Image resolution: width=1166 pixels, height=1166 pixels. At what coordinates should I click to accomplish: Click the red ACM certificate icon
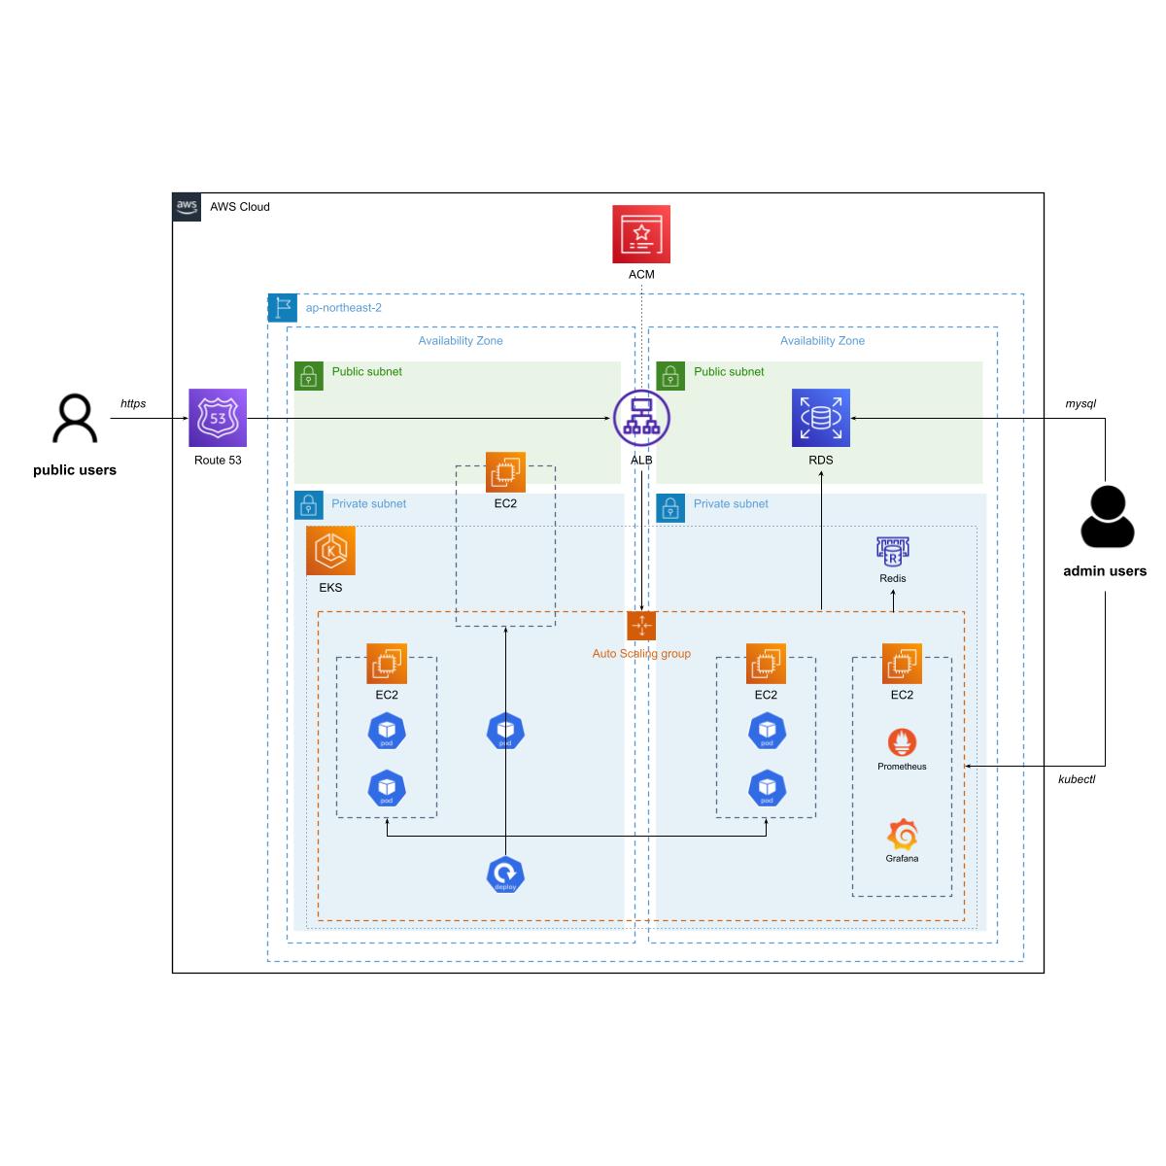pyautogui.click(x=641, y=234)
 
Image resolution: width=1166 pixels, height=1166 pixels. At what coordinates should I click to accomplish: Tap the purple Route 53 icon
pyautogui.click(x=218, y=418)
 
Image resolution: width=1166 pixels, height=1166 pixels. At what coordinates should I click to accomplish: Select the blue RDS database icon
pyautogui.click(x=821, y=418)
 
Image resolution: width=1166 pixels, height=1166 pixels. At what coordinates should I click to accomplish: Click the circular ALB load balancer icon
pyautogui.click(x=641, y=418)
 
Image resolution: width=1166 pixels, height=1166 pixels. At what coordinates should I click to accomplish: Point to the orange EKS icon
pyautogui.click(x=330, y=551)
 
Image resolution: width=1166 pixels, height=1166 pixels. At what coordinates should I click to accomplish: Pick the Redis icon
pyautogui.click(x=892, y=552)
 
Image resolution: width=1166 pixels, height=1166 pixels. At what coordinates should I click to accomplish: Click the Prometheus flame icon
pyautogui.click(x=902, y=742)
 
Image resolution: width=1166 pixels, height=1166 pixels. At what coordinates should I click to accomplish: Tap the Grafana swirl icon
pyautogui.click(x=902, y=835)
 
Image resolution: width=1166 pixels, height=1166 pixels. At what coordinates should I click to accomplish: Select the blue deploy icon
pyautogui.click(x=505, y=874)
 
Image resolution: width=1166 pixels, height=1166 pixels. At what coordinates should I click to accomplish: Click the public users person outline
pyautogui.click(x=75, y=419)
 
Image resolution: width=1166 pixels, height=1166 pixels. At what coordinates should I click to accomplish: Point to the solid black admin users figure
pyautogui.click(x=1106, y=517)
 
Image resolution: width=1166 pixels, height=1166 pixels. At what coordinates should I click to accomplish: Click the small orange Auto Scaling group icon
pyautogui.click(x=641, y=626)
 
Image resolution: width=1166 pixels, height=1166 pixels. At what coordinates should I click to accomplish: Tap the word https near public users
pyautogui.click(x=133, y=403)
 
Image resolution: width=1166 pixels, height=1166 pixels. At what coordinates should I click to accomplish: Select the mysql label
pyautogui.click(x=1080, y=403)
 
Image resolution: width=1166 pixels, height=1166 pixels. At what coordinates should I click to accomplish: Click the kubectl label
pyautogui.click(x=1077, y=779)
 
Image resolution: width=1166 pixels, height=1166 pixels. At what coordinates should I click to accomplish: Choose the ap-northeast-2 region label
pyautogui.click(x=343, y=308)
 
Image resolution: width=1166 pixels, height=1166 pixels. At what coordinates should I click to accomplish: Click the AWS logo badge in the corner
pyautogui.click(x=187, y=207)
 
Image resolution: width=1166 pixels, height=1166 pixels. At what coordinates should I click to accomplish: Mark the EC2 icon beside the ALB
pyautogui.click(x=505, y=472)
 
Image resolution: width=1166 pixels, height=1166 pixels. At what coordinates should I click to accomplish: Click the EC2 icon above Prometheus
pyautogui.click(x=902, y=664)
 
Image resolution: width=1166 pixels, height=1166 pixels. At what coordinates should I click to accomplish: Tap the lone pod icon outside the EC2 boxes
pyautogui.click(x=505, y=731)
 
